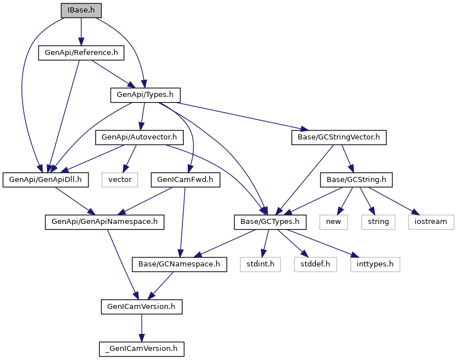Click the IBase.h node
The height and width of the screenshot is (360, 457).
[x=81, y=10]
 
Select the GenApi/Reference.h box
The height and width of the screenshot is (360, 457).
[x=81, y=53]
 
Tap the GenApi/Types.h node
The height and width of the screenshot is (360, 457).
[x=145, y=95]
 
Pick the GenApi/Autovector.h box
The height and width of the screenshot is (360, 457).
[x=139, y=137]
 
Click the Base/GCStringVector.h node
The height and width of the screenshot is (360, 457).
[x=338, y=137]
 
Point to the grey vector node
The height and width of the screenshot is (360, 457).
[x=120, y=179]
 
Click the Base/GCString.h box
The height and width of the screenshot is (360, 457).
[x=357, y=179]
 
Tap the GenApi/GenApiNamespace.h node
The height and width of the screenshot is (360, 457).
[x=104, y=222]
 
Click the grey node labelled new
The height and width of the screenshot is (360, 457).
[x=333, y=222]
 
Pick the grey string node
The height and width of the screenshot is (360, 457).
[x=378, y=222]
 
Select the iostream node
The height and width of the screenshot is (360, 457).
[x=431, y=222]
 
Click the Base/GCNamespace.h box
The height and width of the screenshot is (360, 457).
[x=180, y=264]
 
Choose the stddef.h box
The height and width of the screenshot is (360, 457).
[x=315, y=264]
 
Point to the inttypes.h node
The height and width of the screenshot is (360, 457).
[x=375, y=264]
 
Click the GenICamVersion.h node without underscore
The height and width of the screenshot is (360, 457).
[x=141, y=306]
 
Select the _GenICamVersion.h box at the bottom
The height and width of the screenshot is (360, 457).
[x=141, y=348]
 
